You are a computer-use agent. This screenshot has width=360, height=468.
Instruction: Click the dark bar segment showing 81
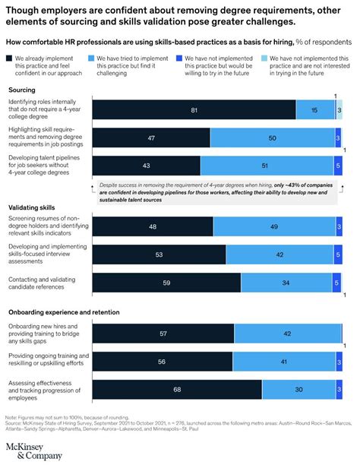[194, 110]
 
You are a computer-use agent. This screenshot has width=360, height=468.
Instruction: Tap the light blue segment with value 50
[271, 139]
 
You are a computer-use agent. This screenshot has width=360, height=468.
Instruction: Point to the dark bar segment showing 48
[151, 226]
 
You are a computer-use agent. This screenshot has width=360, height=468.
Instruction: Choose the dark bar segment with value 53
[158, 255]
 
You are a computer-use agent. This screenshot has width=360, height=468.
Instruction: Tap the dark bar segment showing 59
[166, 283]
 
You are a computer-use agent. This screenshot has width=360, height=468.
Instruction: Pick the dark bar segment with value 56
[163, 362]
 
